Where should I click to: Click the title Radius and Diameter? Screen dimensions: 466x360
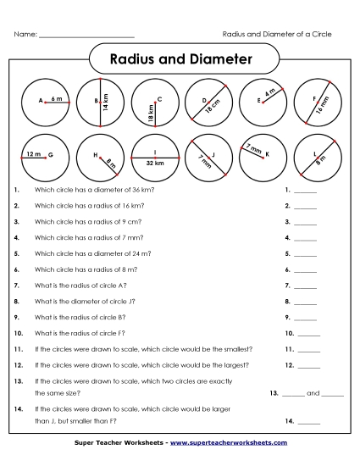click(181, 59)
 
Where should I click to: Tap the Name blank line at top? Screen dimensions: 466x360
click(87, 36)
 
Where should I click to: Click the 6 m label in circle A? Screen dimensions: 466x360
click(57, 99)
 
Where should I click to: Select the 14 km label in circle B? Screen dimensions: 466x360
click(107, 103)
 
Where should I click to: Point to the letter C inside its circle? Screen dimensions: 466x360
click(159, 99)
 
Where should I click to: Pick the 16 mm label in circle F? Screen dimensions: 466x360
click(324, 107)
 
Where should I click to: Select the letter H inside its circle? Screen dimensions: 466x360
click(96, 155)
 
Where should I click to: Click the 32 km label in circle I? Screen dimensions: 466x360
click(155, 162)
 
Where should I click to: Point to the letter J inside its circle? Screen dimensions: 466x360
click(213, 154)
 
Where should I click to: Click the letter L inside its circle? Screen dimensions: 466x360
click(314, 153)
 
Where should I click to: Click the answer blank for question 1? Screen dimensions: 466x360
click(306, 191)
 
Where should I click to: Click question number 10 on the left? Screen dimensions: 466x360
click(19, 333)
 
